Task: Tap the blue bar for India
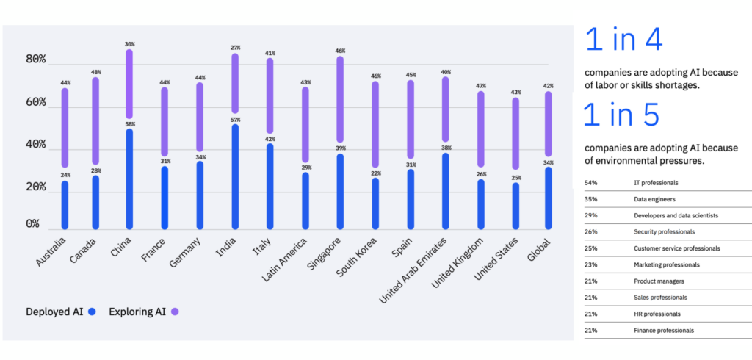pyautogui.click(x=234, y=176)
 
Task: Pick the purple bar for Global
pyautogui.click(x=548, y=123)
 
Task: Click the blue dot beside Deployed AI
pyautogui.click(x=92, y=312)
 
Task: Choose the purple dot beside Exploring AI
pyautogui.click(x=175, y=312)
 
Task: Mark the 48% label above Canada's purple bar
pyautogui.click(x=96, y=72)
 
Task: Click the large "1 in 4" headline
pyautogui.click(x=624, y=41)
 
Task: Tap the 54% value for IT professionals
pyautogui.click(x=591, y=182)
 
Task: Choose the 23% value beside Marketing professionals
pyautogui.click(x=591, y=264)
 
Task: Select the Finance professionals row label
pyautogui.click(x=663, y=331)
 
